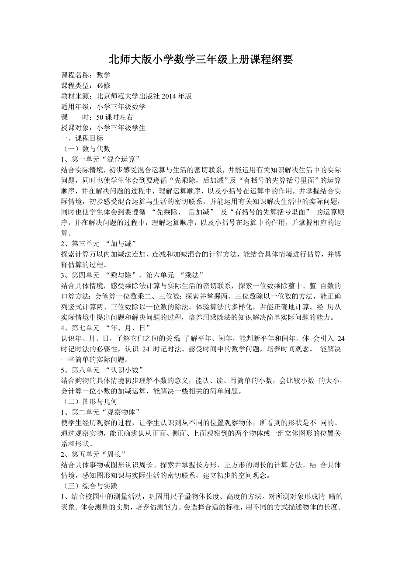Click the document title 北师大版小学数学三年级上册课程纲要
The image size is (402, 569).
(x=201, y=59)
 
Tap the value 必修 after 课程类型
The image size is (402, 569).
(x=104, y=86)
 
